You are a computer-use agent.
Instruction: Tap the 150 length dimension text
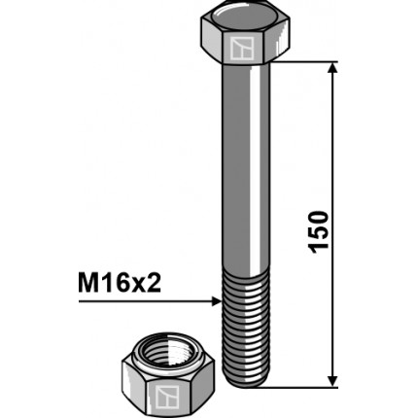320,229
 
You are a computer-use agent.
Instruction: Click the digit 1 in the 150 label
320,250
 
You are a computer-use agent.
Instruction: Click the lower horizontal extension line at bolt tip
301,383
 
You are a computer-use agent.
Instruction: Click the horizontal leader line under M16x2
146,302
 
